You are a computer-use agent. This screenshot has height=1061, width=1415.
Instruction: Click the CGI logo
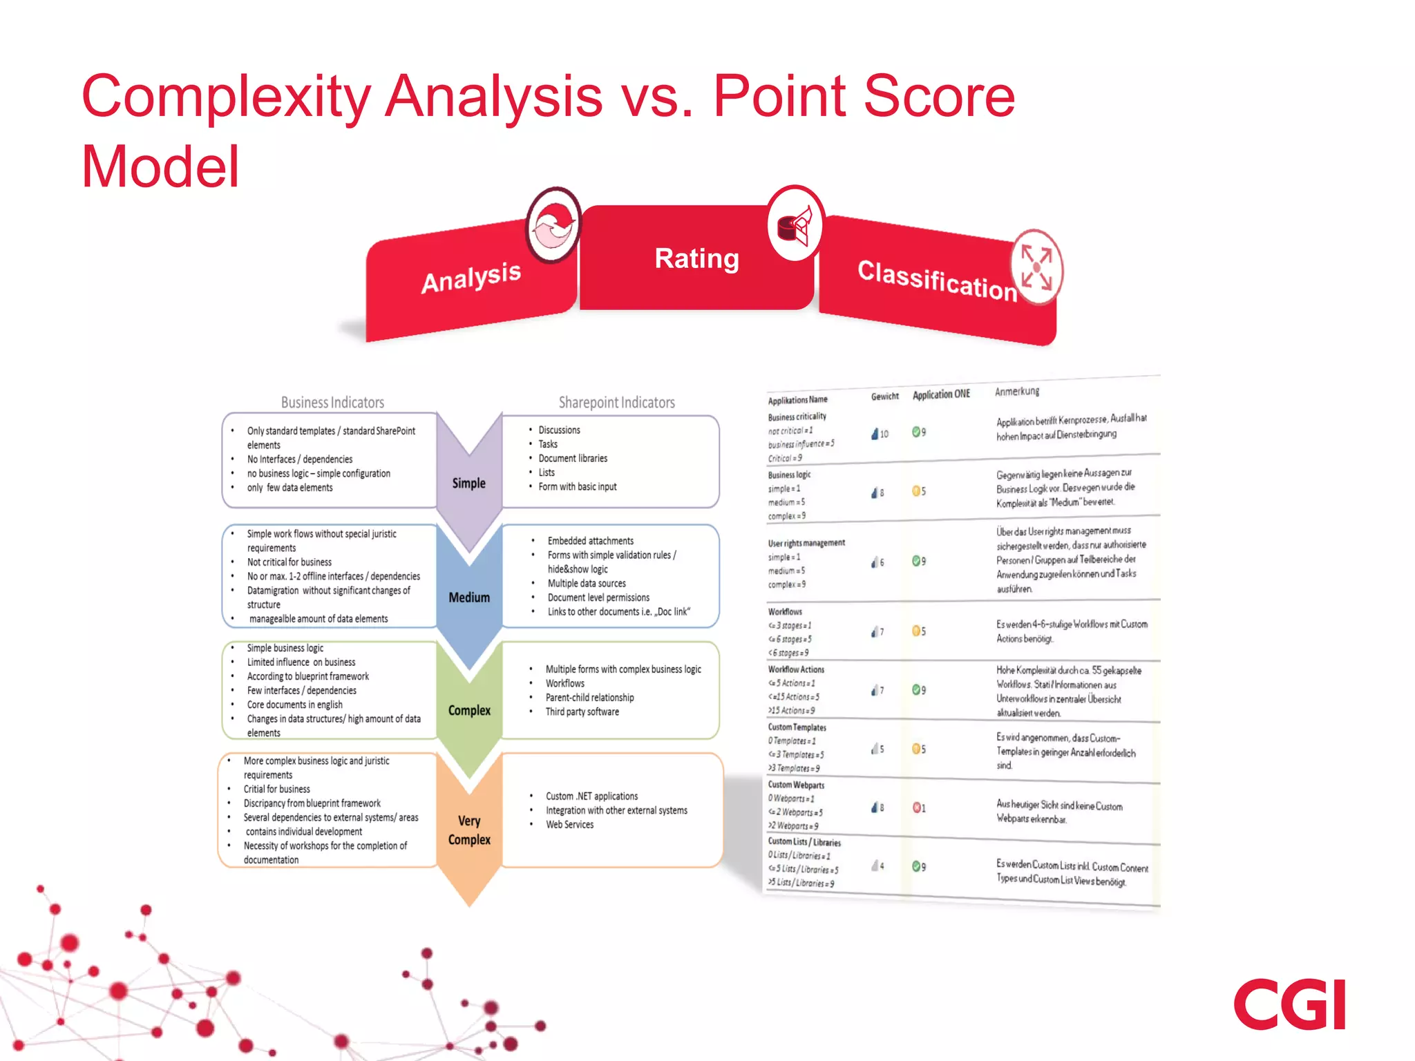[1289, 1004]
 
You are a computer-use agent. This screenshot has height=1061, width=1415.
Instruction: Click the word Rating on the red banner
[696, 259]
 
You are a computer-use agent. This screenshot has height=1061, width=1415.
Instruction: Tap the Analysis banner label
[471, 278]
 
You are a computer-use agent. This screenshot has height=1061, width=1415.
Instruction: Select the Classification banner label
[937, 280]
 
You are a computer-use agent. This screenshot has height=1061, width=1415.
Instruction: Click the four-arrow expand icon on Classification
[1036, 268]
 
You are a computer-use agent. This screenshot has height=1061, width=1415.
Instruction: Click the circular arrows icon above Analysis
[553, 226]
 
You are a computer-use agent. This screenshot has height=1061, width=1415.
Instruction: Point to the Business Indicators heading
[332, 402]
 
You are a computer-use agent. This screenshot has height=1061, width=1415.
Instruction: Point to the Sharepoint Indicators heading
[616, 402]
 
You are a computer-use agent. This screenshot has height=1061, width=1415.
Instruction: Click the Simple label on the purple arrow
[468, 483]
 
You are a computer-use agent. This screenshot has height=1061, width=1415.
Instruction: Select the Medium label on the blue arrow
[469, 598]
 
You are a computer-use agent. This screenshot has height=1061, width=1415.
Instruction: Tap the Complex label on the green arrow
[469, 710]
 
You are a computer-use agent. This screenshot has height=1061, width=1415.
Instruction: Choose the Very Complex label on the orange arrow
[469, 830]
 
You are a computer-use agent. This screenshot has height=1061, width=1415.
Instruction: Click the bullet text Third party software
[582, 711]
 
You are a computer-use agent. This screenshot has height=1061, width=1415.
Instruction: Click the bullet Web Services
[569, 824]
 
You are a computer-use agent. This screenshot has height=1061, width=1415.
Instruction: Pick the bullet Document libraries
[573, 458]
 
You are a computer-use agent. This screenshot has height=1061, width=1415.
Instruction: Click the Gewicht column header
[884, 396]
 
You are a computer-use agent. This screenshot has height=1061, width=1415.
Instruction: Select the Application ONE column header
[941, 394]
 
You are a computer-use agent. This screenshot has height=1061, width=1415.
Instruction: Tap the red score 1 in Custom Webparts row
[920, 807]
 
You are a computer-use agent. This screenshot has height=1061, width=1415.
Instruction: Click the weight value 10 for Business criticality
[882, 434]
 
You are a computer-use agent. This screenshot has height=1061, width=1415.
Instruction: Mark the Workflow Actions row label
[796, 669]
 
